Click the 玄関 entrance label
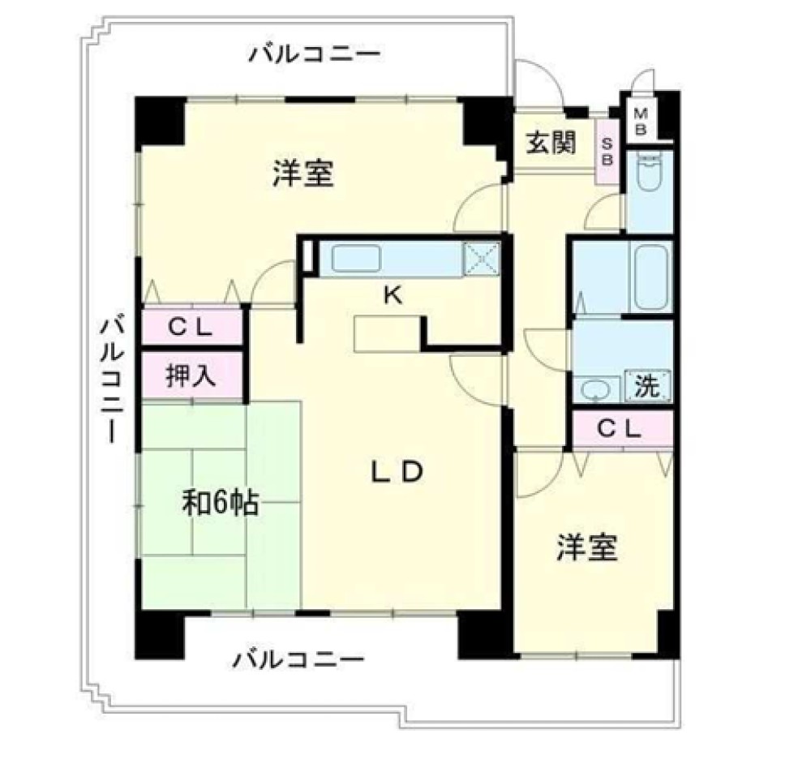click(x=551, y=143)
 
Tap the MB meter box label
click(x=641, y=122)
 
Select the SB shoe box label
click(x=607, y=152)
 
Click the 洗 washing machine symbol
click(x=647, y=385)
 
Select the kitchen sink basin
click(x=356, y=259)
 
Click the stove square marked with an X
click(x=482, y=258)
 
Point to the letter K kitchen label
click(x=393, y=296)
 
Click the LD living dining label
click(x=397, y=471)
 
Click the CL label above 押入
click(x=191, y=327)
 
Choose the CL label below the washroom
click(x=619, y=429)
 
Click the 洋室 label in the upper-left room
click(x=303, y=174)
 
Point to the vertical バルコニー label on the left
click(x=112, y=379)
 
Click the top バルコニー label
click(x=315, y=54)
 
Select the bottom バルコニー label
click(x=298, y=659)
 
